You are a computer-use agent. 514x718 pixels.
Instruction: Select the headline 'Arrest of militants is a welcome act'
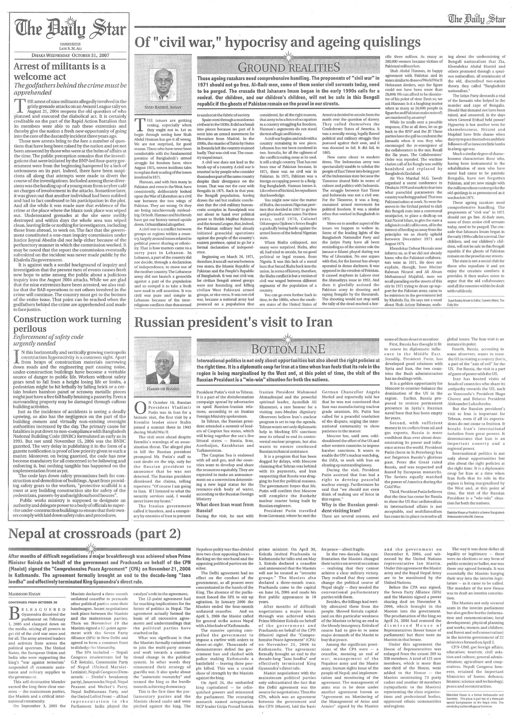[60, 72]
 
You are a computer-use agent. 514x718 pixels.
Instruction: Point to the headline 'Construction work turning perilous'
[67, 323]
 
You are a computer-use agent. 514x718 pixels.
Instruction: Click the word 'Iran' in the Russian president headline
[318, 322]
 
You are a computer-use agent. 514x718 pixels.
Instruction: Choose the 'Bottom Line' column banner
[289, 349]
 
